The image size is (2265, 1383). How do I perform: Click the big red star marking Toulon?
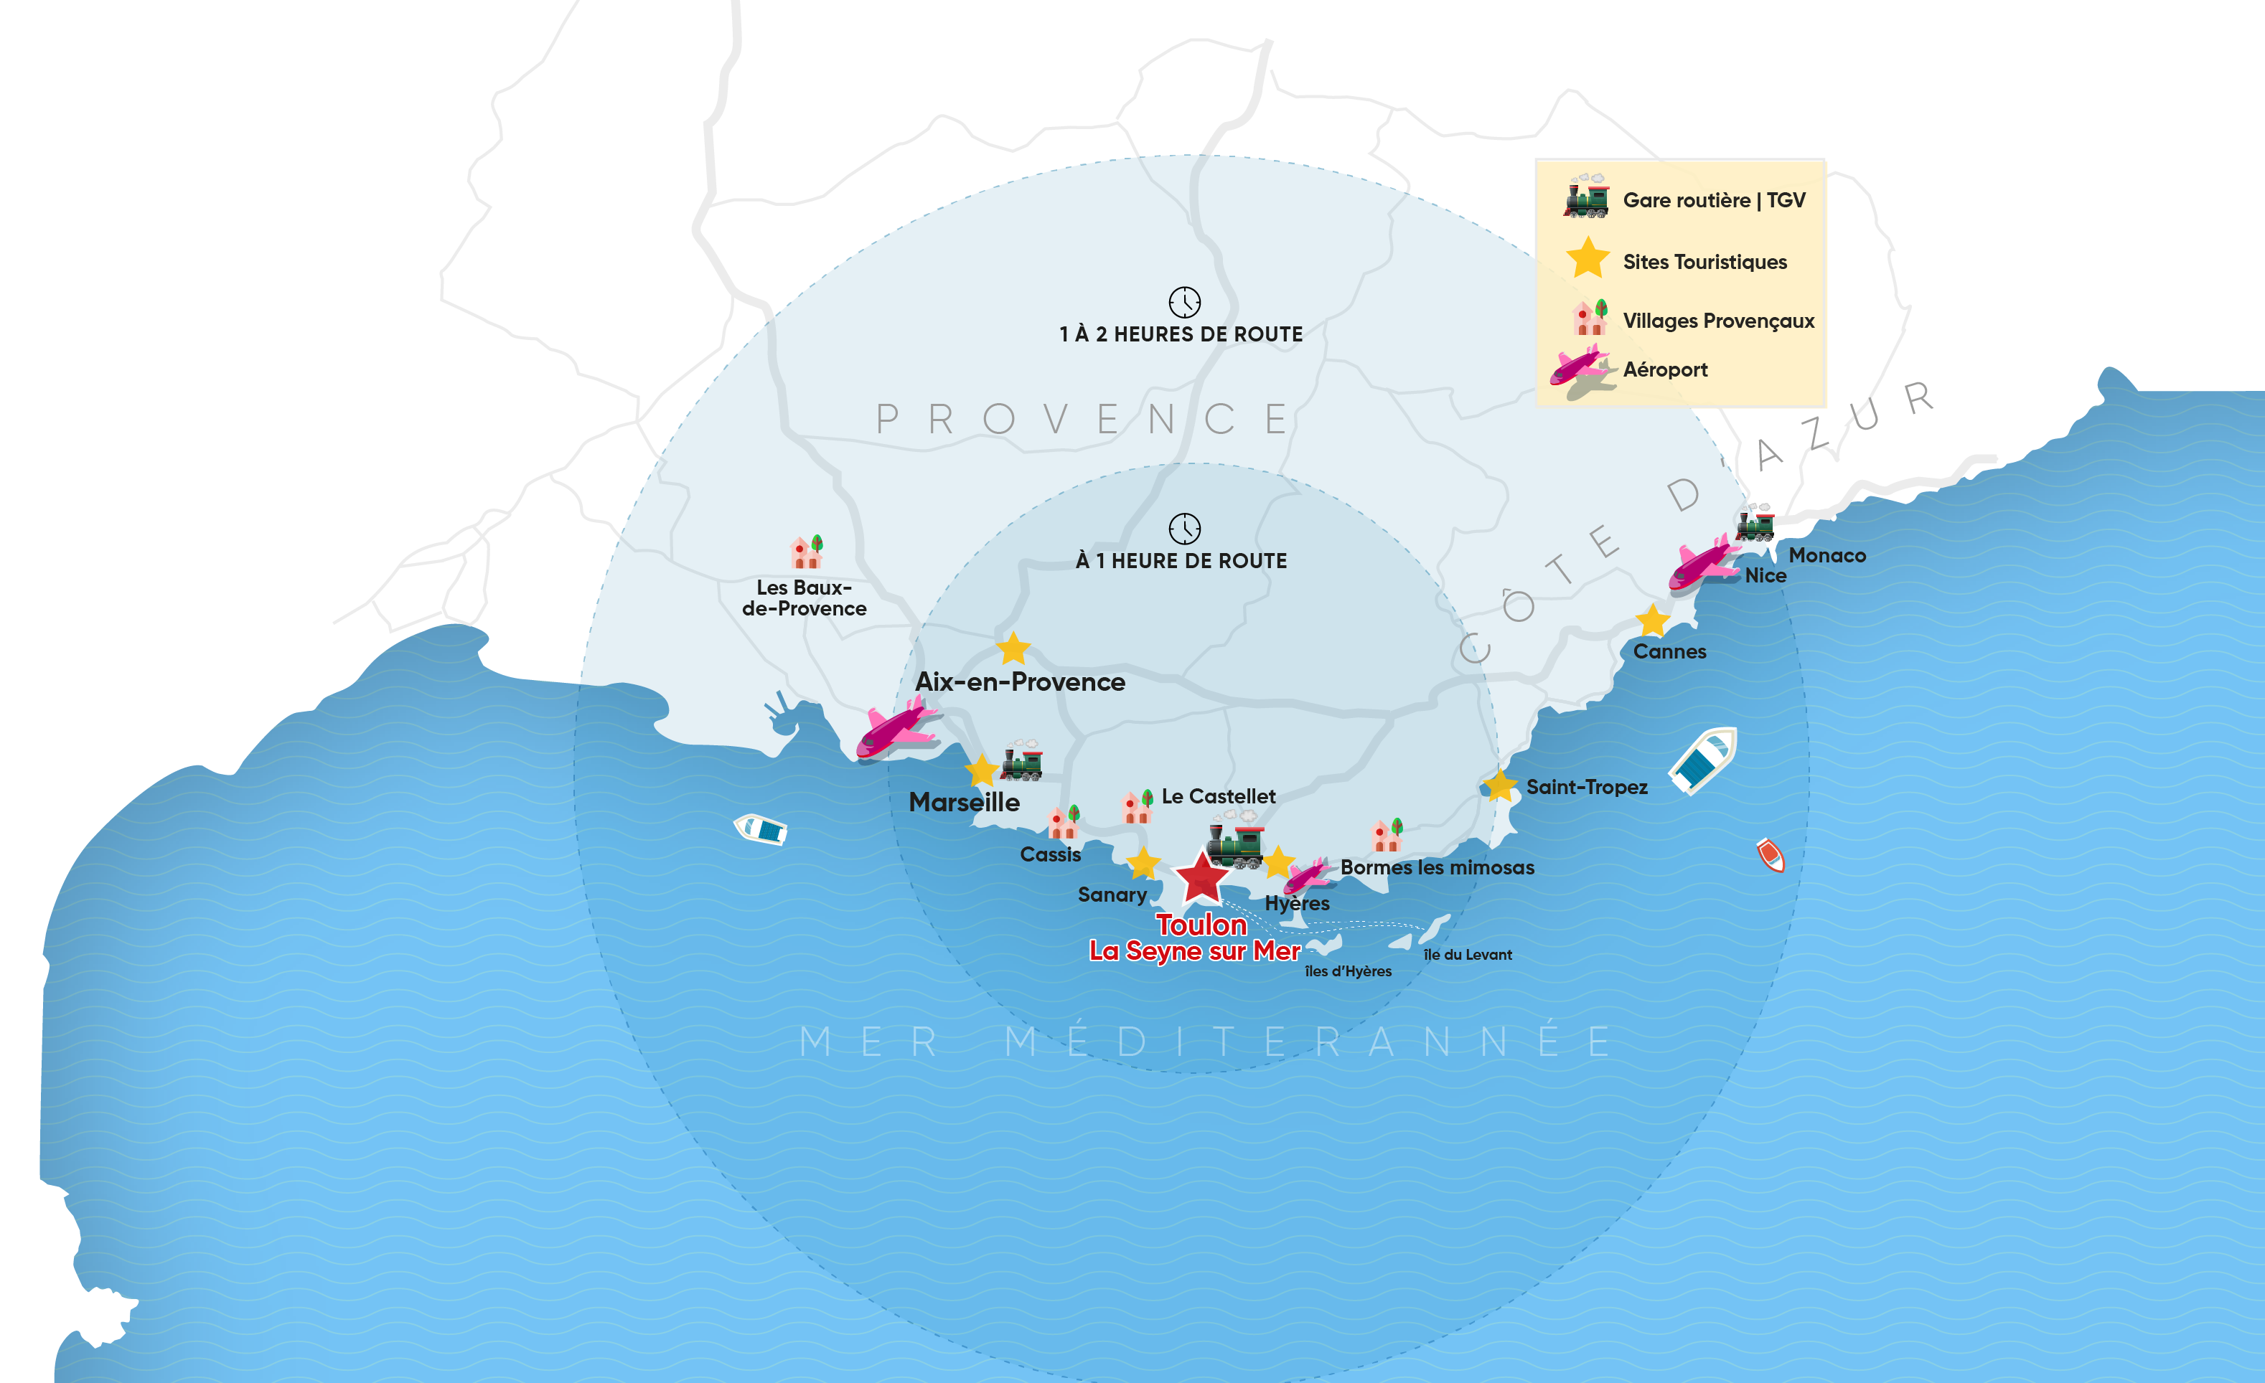coord(1201,877)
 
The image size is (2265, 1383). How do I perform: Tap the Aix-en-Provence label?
coord(1019,682)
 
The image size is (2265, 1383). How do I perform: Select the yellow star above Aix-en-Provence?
coord(1013,648)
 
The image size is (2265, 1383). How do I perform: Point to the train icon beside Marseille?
coord(1022,761)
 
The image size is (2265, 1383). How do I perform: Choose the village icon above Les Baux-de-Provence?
coord(806,552)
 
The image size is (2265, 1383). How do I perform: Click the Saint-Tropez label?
coord(1587,788)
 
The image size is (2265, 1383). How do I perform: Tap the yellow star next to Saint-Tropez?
coord(1499,785)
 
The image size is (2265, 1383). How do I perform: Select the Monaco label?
coord(1826,555)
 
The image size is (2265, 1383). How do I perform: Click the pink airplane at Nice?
coord(1702,562)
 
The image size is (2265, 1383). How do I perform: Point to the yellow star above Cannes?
coord(1652,620)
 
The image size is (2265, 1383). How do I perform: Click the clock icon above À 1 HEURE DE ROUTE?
coord(1184,529)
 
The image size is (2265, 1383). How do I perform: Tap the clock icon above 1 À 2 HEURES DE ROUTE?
coord(1184,301)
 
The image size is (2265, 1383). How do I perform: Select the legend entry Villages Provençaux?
coord(1718,321)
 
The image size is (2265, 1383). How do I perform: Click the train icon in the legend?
coord(1588,196)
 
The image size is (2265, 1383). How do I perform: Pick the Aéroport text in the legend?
coord(1665,369)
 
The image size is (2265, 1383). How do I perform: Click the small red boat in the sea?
coord(1770,854)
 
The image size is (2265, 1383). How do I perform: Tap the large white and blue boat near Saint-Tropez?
coord(1703,760)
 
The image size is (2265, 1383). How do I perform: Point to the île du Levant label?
coord(1467,955)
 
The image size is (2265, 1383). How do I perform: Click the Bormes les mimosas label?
coord(1437,867)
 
